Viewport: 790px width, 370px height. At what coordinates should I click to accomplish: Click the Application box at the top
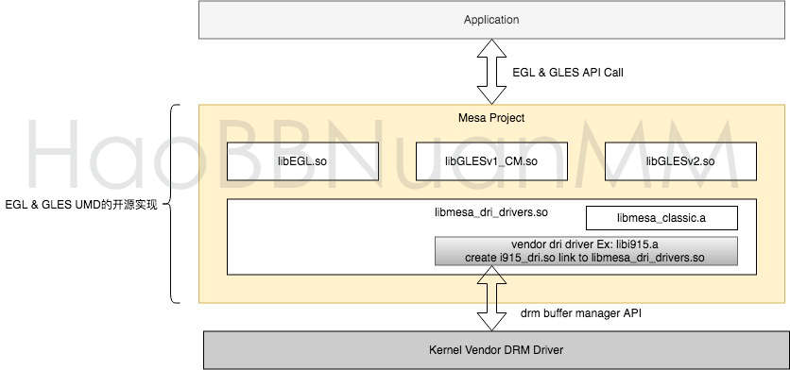491,20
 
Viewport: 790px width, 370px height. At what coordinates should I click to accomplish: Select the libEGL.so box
302,161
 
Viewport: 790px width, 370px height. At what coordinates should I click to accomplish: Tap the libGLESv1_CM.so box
491,161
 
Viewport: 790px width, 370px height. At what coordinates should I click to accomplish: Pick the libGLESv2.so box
680,161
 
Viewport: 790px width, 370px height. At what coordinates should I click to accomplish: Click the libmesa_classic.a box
661,218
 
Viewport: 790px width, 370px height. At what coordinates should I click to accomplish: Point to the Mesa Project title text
491,118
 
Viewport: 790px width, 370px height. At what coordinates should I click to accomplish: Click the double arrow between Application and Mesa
491,72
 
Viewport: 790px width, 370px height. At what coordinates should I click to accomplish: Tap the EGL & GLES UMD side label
81,204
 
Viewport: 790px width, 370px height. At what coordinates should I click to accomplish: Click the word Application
491,20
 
